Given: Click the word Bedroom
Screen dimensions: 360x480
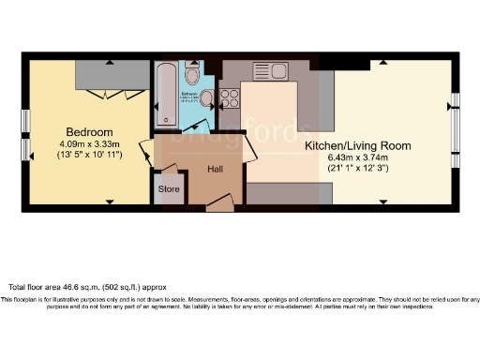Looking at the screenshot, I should click(89, 132).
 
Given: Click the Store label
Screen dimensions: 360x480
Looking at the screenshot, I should click(169, 189).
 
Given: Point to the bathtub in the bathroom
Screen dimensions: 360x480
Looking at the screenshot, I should click(166, 93).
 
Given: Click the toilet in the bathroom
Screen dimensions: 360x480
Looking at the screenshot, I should click(192, 75).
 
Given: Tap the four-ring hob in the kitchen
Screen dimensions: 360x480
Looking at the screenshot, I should click(229, 97).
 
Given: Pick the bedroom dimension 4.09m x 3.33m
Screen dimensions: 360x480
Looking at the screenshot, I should click(89, 144).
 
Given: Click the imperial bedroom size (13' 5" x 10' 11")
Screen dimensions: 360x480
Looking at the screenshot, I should click(89, 157).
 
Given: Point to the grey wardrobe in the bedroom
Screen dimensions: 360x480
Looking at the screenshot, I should click(112, 73).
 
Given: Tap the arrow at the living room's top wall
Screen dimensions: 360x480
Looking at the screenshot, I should click(382, 62).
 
